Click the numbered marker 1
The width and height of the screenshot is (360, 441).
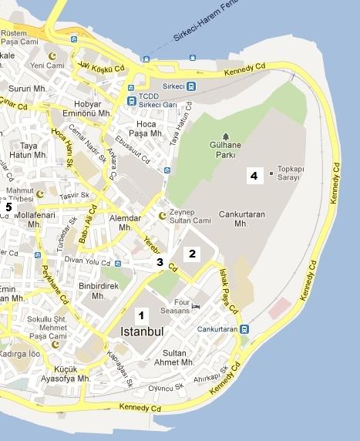140,315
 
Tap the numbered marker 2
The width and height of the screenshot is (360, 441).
193,253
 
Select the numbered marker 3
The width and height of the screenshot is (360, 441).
160,262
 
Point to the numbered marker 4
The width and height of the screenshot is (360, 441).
253,176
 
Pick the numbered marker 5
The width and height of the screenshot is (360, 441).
8,207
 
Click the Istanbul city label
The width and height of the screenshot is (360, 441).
143,332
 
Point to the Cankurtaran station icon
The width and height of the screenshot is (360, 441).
244,329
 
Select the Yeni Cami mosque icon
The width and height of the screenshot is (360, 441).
53,56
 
